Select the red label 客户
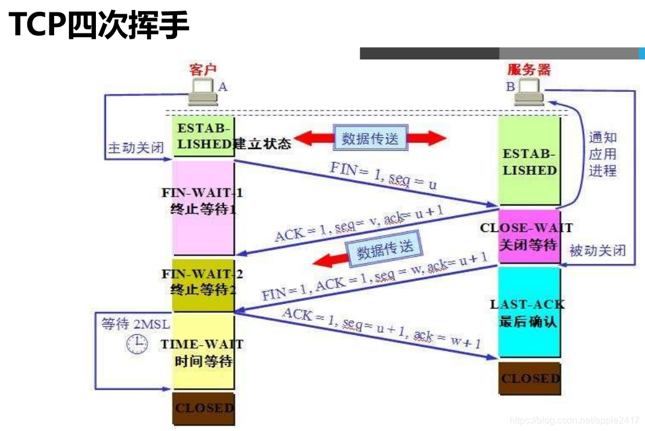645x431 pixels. tap(203, 69)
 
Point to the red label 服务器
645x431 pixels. tap(529, 69)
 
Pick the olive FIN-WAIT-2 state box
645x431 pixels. tap(202, 285)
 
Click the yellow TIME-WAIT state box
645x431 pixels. tap(203, 351)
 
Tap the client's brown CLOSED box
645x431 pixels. tap(203, 408)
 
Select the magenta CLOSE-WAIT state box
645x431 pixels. tap(528, 236)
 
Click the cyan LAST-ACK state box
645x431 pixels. tap(528, 311)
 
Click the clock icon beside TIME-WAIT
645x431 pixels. tap(137, 344)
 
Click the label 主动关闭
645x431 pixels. tap(135, 148)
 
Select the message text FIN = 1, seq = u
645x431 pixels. tap(383, 175)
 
